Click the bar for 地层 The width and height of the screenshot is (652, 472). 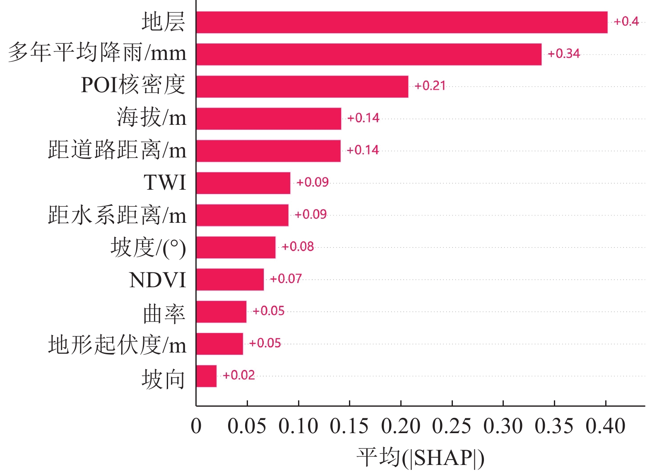[x=402, y=22]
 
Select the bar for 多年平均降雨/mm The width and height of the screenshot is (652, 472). [x=368, y=54]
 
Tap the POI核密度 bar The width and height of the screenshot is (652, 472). [x=302, y=86]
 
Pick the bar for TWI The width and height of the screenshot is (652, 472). [x=243, y=183]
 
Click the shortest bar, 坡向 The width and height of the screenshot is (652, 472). [x=206, y=376]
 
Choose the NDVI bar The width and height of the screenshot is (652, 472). [x=230, y=279]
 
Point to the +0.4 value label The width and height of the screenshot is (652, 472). [x=626, y=21]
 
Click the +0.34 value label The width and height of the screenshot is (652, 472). [x=563, y=54]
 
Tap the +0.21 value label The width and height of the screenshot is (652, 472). [x=430, y=86]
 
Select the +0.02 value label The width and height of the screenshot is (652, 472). [x=238, y=375]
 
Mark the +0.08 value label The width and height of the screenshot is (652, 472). [x=298, y=247]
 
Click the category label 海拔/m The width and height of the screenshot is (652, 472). [x=152, y=117]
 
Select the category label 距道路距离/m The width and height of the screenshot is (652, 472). [x=117, y=150]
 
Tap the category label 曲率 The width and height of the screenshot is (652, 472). [x=164, y=314]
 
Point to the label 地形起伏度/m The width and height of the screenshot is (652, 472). [x=117, y=345]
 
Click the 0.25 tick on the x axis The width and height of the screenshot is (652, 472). [x=452, y=426]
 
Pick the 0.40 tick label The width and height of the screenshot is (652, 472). [x=605, y=426]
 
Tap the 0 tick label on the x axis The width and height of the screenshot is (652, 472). [x=196, y=426]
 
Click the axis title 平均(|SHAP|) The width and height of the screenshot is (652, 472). [x=420, y=458]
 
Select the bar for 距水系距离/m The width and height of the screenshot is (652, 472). [x=242, y=215]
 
